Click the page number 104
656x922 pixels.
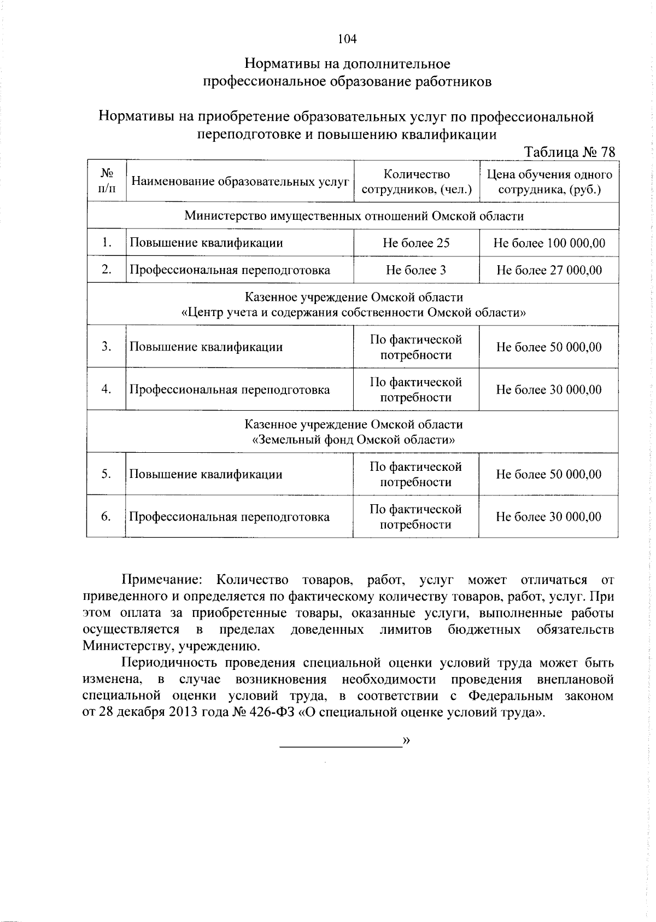(x=347, y=39)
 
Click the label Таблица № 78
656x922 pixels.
(x=569, y=152)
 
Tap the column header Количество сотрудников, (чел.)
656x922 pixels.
(x=417, y=182)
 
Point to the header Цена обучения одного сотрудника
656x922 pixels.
(x=549, y=182)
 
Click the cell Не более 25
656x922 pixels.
(x=416, y=243)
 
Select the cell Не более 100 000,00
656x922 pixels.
(x=549, y=243)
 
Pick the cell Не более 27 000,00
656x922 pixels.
(x=549, y=270)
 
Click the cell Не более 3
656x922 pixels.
(x=416, y=270)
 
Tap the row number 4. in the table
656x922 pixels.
(x=107, y=389)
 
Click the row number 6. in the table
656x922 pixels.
(x=107, y=517)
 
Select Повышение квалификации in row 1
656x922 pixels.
(x=206, y=243)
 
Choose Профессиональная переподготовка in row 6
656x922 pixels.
(x=230, y=517)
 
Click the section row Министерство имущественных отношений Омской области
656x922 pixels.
(x=354, y=216)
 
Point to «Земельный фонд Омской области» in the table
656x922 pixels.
(x=354, y=440)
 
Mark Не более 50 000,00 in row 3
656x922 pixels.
(x=549, y=347)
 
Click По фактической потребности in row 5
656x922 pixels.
(x=416, y=474)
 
